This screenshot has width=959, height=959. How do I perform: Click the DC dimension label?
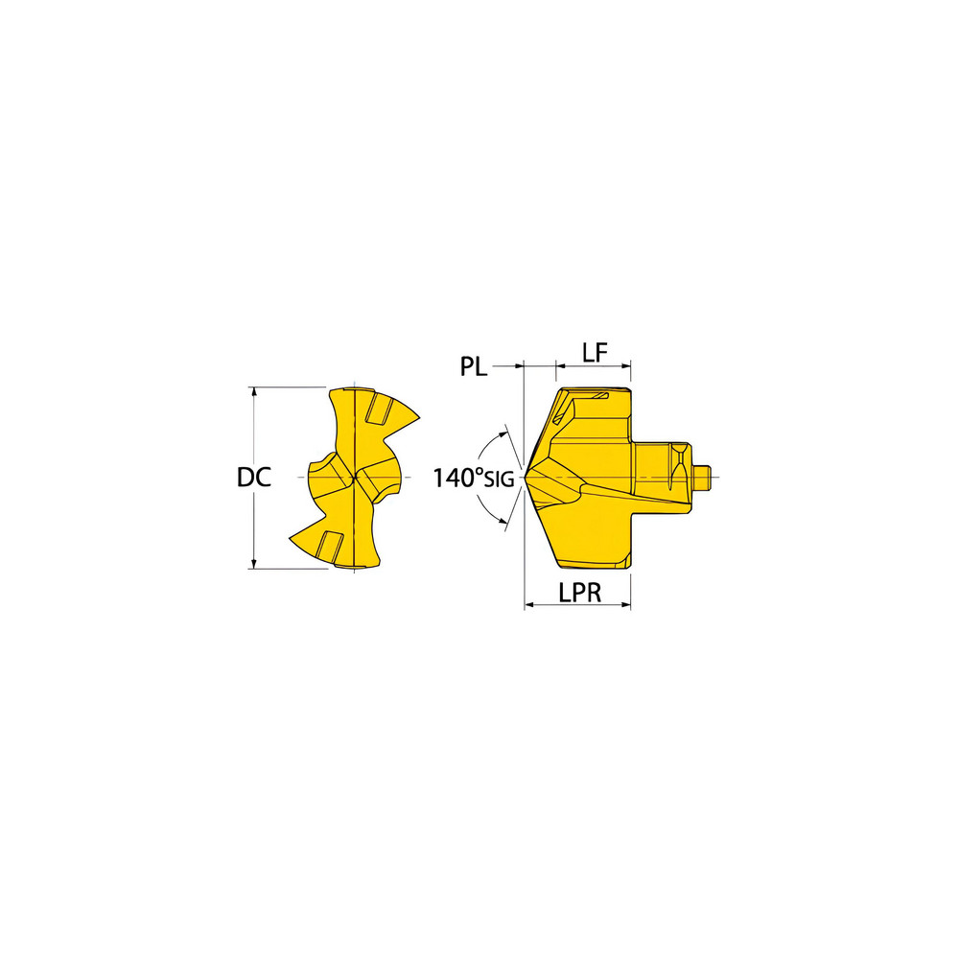coord(254,477)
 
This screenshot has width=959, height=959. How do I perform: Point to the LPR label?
coord(579,593)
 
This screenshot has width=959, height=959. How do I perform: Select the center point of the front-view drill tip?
coord(357,477)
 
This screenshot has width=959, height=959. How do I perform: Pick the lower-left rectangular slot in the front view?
coord(332,544)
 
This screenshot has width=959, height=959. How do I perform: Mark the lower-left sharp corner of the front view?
coord(290,538)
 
